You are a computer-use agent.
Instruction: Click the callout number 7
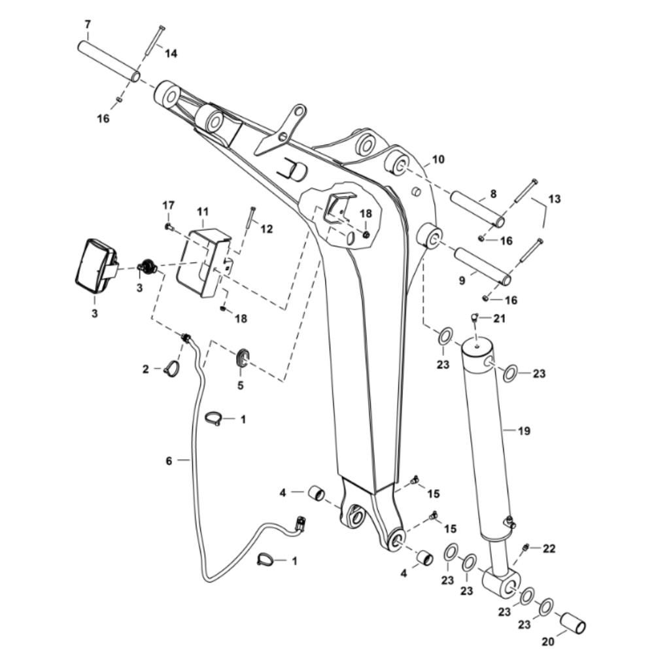click(x=87, y=25)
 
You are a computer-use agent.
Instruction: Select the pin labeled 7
click(x=109, y=61)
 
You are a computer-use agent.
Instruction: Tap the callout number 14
click(x=171, y=54)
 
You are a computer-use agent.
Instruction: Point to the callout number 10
click(x=438, y=160)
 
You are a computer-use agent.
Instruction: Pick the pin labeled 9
click(x=483, y=267)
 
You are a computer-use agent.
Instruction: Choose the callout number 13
click(x=555, y=199)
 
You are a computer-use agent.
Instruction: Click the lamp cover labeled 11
click(x=204, y=262)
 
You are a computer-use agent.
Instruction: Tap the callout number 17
click(x=169, y=205)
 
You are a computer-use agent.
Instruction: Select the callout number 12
click(x=267, y=228)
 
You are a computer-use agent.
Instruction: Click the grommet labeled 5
click(x=242, y=358)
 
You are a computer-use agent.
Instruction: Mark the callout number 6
click(x=169, y=461)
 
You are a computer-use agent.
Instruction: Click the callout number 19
click(x=524, y=431)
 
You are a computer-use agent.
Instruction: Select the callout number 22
click(x=549, y=549)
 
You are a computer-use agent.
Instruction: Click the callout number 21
click(x=499, y=318)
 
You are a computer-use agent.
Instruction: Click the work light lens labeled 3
click(x=95, y=267)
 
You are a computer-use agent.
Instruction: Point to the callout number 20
click(x=549, y=641)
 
